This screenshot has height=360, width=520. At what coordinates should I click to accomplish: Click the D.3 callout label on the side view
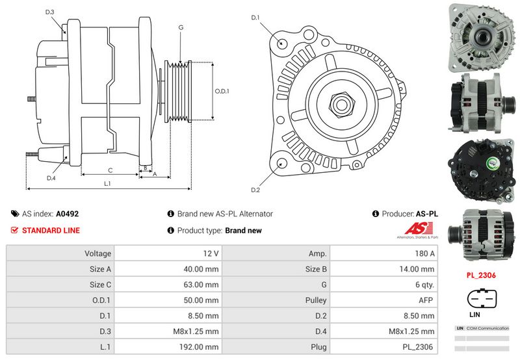coord(50,12)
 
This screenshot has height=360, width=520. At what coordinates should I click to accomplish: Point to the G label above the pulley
coord(181,27)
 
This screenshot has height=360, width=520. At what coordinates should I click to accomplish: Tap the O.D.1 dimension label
coord(222,91)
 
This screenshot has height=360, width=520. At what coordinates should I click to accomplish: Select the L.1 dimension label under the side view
coord(107,183)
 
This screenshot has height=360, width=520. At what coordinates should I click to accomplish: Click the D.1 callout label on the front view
coord(255,18)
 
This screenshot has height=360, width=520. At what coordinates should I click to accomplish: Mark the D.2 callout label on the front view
coord(255,190)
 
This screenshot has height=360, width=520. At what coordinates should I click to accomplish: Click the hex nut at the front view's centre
coord(341,105)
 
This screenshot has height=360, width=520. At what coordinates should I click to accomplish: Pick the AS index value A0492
coord(68,214)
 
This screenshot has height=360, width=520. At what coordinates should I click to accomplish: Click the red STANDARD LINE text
coord(51,231)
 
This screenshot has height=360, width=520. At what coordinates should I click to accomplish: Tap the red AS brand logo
coord(419,229)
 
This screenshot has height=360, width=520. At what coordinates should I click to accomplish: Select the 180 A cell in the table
coord(424,253)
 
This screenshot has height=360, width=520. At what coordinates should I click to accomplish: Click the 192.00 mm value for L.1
coord(199,347)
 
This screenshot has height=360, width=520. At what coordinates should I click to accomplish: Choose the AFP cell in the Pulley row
coord(426,300)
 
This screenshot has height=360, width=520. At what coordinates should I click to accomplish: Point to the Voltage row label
coord(98,253)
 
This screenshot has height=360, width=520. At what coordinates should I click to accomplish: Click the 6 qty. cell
coord(425,285)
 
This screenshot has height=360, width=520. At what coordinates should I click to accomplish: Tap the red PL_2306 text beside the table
coord(481,275)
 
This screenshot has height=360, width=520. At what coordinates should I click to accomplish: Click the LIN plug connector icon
coord(482,299)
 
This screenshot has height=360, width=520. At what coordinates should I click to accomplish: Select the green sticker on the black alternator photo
coord(492,163)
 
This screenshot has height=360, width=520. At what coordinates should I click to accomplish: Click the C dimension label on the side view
coord(110,170)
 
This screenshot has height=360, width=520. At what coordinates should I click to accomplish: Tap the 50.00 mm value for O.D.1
coord(201,300)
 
